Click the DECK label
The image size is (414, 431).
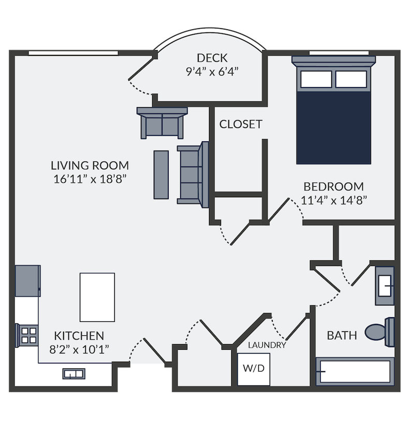(x=212, y=58)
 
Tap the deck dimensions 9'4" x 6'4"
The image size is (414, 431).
(x=212, y=72)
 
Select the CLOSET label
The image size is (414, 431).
(x=241, y=124)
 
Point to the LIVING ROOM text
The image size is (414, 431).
(x=90, y=166)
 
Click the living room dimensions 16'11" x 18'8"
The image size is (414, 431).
(x=90, y=179)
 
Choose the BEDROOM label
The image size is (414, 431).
(x=333, y=187)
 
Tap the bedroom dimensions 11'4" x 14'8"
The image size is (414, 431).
(x=334, y=200)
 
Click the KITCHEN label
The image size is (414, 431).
(x=79, y=336)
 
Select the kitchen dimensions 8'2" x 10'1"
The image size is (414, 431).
(x=79, y=350)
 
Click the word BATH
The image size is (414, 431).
(x=342, y=336)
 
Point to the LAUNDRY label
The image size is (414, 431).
(x=267, y=345)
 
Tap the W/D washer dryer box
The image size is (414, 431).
(x=254, y=369)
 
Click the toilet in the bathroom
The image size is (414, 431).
(x=380, y=332)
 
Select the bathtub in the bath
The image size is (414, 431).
(x=355, y=371)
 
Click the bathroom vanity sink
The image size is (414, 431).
(x=385, y=286)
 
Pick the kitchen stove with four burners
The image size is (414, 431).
(x=27, y=335)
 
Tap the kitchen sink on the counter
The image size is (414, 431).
(x=74, y=374)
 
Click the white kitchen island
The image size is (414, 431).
(x=97, y=298)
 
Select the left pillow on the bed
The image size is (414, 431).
(x=316, y=79)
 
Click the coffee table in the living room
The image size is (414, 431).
(x=161, y=175)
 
